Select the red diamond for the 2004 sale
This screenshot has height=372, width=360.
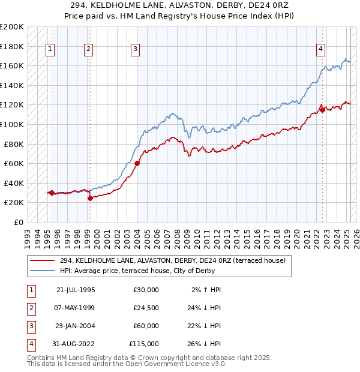(x=137, y=163)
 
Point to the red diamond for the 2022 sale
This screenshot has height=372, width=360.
(x=322, y=110)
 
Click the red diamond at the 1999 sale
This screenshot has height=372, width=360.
(x=90, y=198)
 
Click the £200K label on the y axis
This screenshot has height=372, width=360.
(x=12, y=27)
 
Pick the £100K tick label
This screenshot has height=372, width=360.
(x=12, y=124)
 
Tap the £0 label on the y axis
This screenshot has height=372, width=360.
(x=18, y=222)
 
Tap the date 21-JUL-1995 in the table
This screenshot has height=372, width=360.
(x=76, y=289)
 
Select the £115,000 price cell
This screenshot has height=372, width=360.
(x=144, y=344)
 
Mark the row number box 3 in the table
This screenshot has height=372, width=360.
(x=29, y=326)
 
